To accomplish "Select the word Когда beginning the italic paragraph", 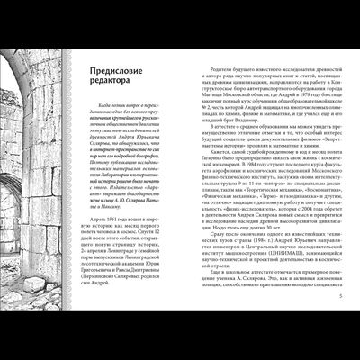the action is click(121, 107).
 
